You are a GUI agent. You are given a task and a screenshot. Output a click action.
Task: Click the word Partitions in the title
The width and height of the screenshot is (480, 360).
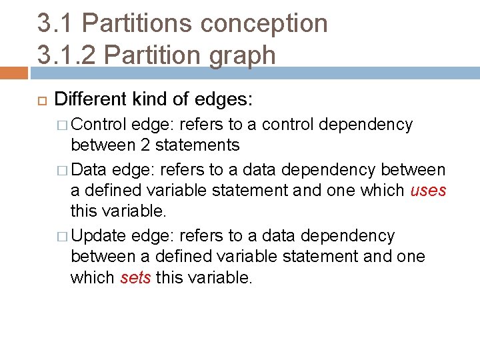click(x=136, y=23)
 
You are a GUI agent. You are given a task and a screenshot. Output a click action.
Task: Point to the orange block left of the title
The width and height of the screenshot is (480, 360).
click(x=13, y=73)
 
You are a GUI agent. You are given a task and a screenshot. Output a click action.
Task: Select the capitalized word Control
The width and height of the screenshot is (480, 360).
click(x=99, y=125)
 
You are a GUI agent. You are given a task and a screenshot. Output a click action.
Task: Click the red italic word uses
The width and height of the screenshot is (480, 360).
click(x=428, y=191)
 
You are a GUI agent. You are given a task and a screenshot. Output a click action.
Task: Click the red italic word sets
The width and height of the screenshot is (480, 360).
click(x=135, y=277)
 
